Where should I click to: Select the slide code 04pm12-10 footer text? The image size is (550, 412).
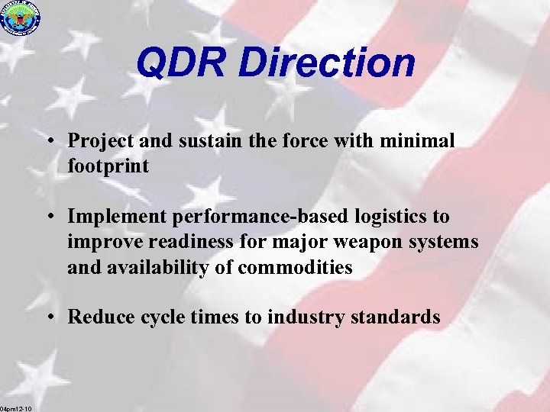pyautogui.click(x=16, y=408)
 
